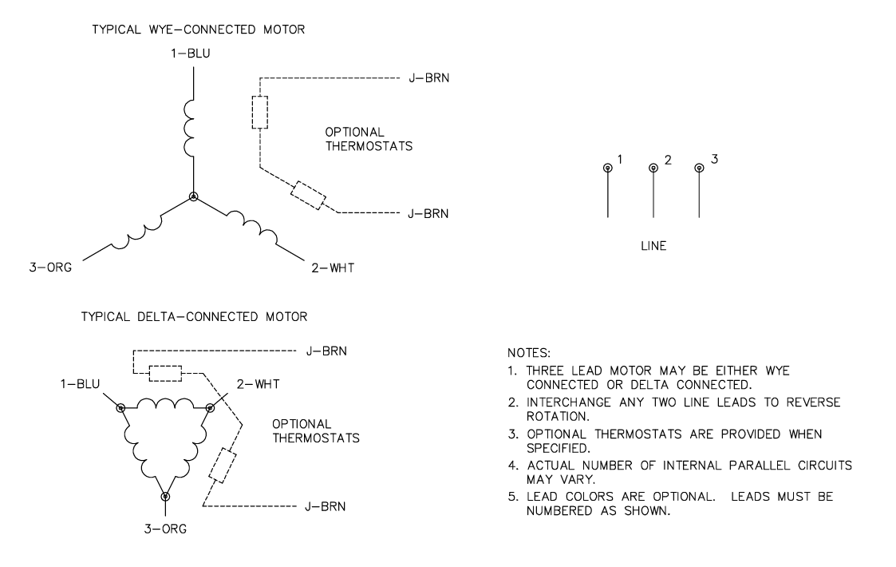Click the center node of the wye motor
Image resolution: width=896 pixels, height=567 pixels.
click(x=192, y=196)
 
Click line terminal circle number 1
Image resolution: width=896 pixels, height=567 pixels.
click(x=608, y=168)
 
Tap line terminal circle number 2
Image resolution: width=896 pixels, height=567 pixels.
click(x=653, y=168)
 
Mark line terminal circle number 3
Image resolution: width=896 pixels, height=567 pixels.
click(x=700, y=168)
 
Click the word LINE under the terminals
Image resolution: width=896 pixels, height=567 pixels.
click(x=653, y=247)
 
